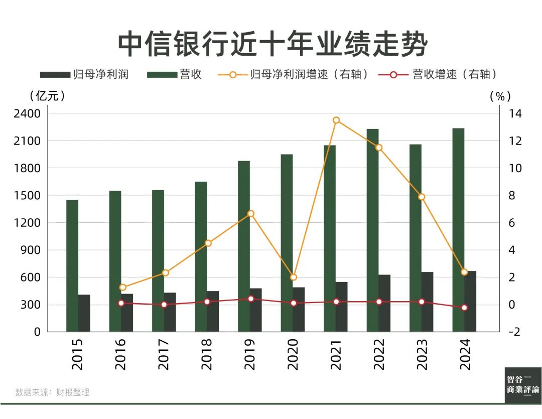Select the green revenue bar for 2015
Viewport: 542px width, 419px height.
click(72, 266)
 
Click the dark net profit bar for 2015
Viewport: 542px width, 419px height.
click(84, 313)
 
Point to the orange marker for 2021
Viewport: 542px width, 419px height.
click(336, 120)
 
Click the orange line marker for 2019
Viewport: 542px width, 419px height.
click(251, 214)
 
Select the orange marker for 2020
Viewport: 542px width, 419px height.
click(294, 277)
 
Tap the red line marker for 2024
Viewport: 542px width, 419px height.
click(464, 308)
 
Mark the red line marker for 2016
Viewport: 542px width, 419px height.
click(121, 303)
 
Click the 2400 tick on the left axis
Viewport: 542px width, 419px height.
click(24, 114)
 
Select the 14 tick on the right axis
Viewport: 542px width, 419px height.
click(515, 114)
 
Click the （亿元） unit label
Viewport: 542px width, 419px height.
click(47, 95)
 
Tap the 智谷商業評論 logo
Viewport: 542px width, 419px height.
click(523, 385)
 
